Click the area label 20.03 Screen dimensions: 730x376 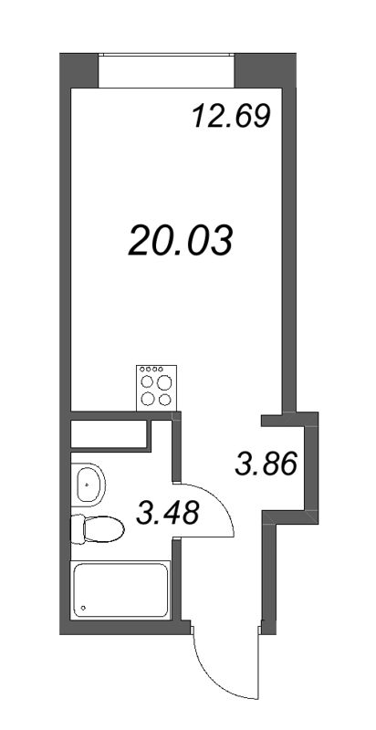click(x=181, y=241)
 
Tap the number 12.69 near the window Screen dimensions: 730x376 click(x=232, y=117)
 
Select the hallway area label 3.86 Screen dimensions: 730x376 click(x=266, y=465)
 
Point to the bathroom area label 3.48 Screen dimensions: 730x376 click(x=180, y=516)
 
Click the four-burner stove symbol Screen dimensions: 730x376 click(x=154, y=386)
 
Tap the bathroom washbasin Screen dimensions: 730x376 click(x=89, y=485)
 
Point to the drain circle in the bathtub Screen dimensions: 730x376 click(x=84, y=607)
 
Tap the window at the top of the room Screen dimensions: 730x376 click(x=166, y=72)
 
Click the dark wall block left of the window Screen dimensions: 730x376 click(x=79, y=71)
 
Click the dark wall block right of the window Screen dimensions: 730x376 click(x=262, y=71)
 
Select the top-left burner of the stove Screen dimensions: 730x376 click(x=146, y=382)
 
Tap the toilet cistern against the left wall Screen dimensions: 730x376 click(x=76, y=527)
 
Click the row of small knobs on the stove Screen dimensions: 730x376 click(x=154, y=370)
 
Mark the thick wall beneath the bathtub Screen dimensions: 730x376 click(x=123, y=629)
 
